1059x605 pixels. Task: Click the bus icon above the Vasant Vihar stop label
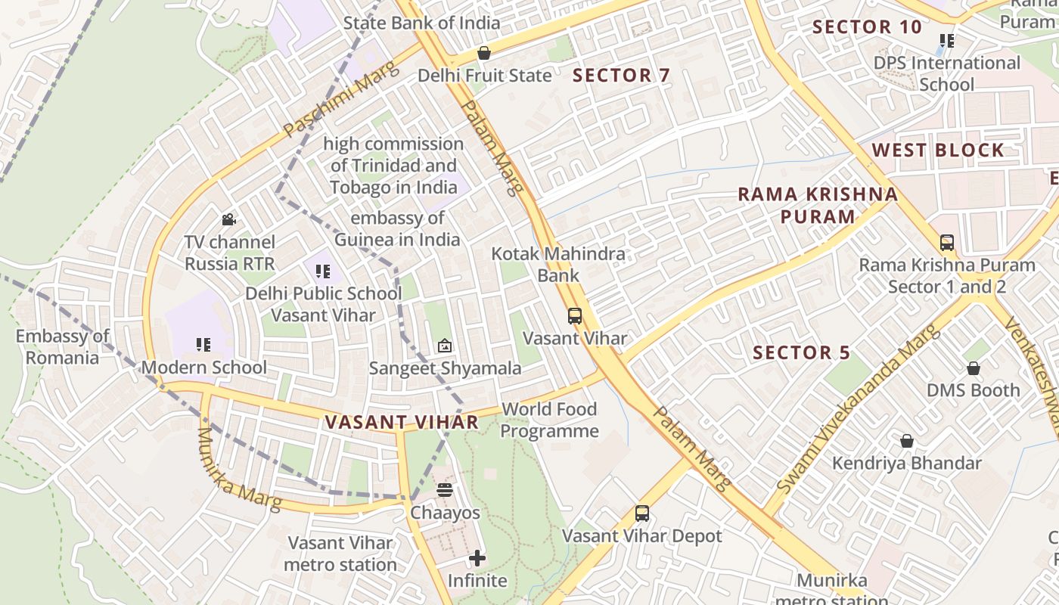(x=575, y=316)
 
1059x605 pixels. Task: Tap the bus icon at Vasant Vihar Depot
(x=642, y=513)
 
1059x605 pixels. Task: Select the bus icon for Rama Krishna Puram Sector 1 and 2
(x=946, y=243)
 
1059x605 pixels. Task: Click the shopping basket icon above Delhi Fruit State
(x=484, y=53)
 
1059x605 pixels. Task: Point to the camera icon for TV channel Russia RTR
(x=228, y=220)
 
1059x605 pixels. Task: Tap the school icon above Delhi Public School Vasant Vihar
(x=323, y=271)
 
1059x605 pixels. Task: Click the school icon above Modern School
(x=203, y=345)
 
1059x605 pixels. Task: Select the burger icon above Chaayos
(x=445, y=490)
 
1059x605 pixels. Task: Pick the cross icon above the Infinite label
(x=477, y=559)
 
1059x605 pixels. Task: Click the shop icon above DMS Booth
(x=974, y=368)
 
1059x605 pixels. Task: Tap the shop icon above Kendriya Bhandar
(x=906, y=441)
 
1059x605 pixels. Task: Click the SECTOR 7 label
(x=621, y=76)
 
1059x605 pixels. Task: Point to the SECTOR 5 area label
(x=801, y=353)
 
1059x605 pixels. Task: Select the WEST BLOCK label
(x=938, y=150)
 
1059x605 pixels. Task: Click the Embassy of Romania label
(x=63, y=347)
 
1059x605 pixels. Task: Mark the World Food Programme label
(x=549, y=420)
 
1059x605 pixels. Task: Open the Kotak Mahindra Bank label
(x=558, y=265)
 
